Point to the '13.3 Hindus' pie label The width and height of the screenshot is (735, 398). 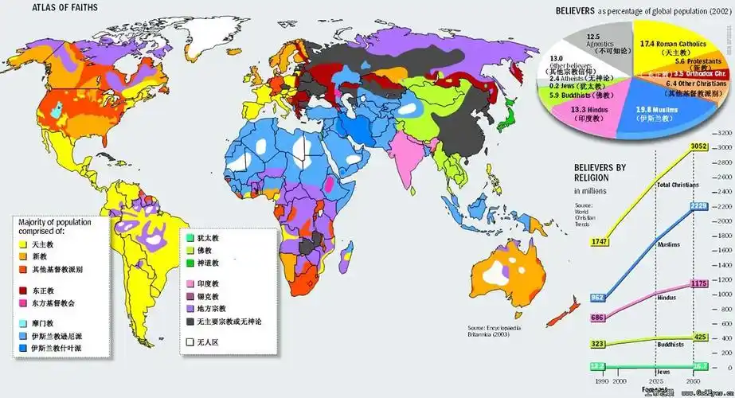[x=590, y=109]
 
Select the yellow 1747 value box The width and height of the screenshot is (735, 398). [x=600, y=241]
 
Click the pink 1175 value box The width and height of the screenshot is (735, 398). [x=698, y=283]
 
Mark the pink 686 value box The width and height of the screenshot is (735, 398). [x=598, y=318]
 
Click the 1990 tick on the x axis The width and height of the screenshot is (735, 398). [x=600, y=383]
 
